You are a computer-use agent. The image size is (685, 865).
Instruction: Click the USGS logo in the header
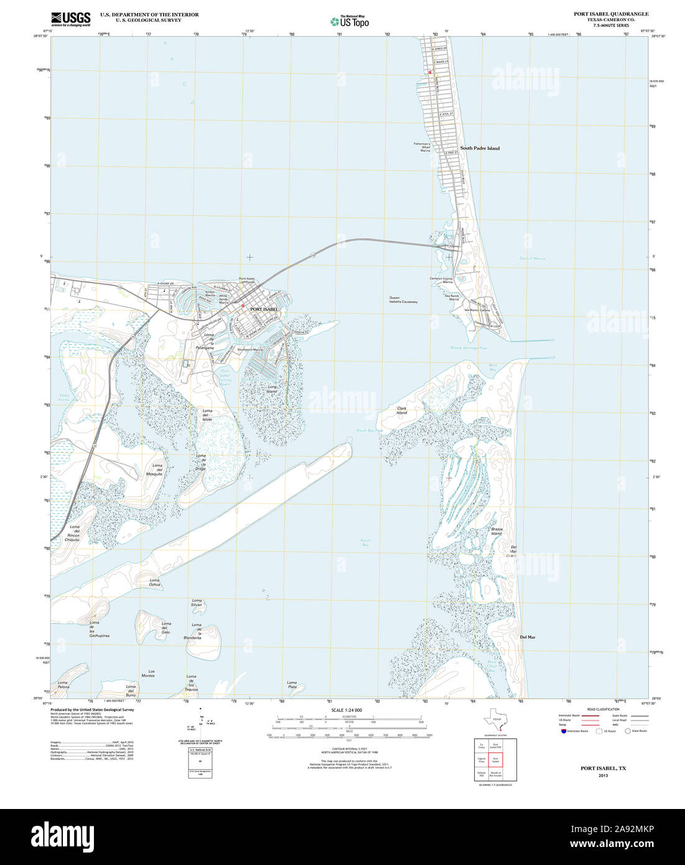pos(70,19)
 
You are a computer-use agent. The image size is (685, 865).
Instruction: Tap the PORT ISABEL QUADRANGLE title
pos(610,14)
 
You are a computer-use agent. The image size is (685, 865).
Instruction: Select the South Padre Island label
pos(480,148)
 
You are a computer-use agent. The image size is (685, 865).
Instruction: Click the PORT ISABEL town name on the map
pos(264,309)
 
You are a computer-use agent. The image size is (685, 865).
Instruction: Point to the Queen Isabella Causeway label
pos(403,299)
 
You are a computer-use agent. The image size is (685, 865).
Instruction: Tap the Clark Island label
pos(402,411)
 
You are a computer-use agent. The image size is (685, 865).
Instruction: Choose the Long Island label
pos(272,388)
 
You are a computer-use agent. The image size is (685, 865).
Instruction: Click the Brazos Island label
pos(496,531)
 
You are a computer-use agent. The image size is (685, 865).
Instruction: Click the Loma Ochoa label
pos(154,582)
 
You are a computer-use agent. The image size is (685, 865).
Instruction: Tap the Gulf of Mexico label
pos(533,258)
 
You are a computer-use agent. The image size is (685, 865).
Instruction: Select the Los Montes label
pos(147,673)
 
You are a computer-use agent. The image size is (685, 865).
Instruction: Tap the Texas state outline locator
pos(495,718)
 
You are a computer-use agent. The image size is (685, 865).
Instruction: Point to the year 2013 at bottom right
pos(603,775)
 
